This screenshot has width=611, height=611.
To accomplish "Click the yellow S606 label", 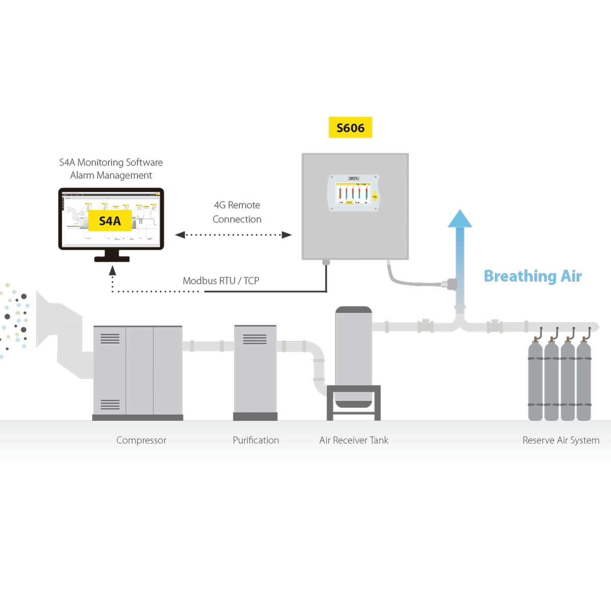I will pos(350,128).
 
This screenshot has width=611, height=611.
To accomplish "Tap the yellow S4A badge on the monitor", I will pos(110,221).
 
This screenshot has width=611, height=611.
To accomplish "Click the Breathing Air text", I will pos(533,276).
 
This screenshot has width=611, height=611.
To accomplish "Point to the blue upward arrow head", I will pos(460,218).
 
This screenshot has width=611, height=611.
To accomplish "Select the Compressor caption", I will pos(141,440).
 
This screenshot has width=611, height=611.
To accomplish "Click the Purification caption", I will pos(256,440).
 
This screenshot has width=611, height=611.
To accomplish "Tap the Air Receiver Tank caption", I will pos(353,440).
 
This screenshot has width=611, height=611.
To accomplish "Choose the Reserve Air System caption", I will pos(561,440).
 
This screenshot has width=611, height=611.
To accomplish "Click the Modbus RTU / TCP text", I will pos(221,281).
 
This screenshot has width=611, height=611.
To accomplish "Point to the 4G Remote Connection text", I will pos(237,212).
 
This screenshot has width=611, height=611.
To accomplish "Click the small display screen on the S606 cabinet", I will pos(352,193).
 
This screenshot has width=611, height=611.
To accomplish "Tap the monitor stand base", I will pos(112,259).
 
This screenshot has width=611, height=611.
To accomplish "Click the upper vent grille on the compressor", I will pos(110,339).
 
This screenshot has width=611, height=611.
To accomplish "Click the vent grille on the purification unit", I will pos(255,339).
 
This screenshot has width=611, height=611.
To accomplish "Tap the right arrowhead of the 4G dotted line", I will pos(287,235).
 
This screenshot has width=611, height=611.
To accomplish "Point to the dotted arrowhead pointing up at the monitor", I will pos(113,271).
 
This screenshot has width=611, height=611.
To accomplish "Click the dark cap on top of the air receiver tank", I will pos(353,310).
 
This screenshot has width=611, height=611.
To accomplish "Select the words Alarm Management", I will pos(111,176).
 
